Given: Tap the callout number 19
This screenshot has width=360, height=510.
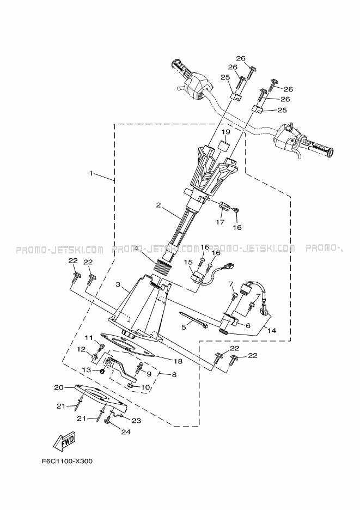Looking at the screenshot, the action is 226,132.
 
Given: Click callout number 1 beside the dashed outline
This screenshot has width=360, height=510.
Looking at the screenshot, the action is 91,173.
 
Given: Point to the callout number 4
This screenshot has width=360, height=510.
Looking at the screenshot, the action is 137,248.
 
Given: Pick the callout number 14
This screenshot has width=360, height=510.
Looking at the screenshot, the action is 272,330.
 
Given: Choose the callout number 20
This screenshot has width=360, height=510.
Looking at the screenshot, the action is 59,387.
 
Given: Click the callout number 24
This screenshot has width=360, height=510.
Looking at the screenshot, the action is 126,432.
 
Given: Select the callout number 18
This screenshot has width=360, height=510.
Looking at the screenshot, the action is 178,361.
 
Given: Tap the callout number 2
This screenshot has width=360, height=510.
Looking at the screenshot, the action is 158,205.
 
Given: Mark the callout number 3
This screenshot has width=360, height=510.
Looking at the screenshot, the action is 119,284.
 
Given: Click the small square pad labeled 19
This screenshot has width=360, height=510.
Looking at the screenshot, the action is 224,145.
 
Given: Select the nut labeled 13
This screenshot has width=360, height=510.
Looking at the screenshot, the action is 102,371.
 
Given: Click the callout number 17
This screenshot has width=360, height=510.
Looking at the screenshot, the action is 220,222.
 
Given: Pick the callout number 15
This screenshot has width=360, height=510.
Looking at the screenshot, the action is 188,262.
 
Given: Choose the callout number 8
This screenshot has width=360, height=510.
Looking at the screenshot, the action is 174,375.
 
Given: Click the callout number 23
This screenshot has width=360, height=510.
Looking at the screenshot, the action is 136,421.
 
